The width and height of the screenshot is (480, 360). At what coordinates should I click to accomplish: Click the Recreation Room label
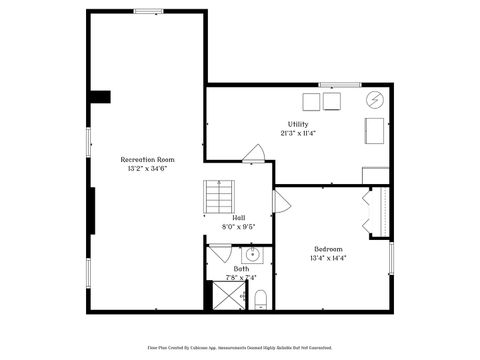(147, 159)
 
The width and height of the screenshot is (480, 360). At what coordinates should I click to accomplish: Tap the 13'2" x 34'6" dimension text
(147, 169)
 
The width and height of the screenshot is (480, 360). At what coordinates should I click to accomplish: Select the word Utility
(298, 124)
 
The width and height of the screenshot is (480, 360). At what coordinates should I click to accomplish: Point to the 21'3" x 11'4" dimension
(298, 133)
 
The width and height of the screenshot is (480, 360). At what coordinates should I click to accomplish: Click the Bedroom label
(328, 249)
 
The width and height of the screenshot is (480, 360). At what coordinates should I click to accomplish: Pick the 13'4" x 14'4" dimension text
(328, 258)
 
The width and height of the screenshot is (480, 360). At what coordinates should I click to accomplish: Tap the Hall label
(239, 217)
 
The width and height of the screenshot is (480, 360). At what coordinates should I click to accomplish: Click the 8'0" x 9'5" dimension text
(239, 226)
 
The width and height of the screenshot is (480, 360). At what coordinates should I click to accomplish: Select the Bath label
(241, 268)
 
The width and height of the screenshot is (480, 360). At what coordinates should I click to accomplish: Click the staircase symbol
(218, 196)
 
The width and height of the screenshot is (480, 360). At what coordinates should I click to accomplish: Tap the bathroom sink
(253, 253)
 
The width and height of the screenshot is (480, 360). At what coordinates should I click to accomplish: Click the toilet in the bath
(260, 298)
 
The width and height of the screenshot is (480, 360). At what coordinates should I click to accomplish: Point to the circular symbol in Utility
(375, 100)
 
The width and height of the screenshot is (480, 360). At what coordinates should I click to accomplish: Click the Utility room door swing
(254, 154)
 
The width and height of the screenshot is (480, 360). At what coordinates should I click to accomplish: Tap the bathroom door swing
(219, 253)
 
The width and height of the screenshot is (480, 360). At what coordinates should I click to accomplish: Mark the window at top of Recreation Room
(149, 11)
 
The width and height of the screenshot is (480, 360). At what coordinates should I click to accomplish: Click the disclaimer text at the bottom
(240, 347)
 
